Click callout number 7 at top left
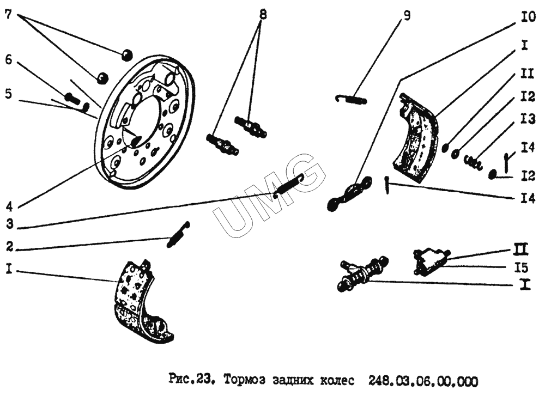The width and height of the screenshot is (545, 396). coord(8,15)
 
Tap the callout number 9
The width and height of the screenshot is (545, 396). coord(407,16)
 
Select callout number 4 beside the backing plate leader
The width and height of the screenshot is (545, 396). coord(9,206)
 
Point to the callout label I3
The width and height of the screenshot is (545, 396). coord(527,119)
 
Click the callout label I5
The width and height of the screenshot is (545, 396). coord(522,268)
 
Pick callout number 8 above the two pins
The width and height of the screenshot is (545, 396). coord(263,15)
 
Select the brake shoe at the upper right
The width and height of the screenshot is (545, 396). coord(416,137)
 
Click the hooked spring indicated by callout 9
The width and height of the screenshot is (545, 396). coord(351,99)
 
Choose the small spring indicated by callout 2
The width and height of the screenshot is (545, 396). coord(178,235)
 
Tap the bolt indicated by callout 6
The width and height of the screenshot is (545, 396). coord(72,98)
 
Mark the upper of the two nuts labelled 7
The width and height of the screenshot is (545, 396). coord(127,54)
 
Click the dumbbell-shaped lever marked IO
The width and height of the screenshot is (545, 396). coord(349,193)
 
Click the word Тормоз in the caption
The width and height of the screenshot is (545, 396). coord(244,380)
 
